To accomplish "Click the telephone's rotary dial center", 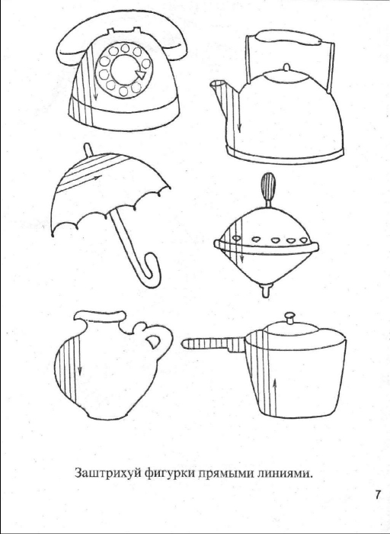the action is (x=124, y=69).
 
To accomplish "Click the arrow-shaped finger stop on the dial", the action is (x=141, y=73).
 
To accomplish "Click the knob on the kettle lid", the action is (x=286, y=67).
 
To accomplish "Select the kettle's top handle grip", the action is (x=288, y=37).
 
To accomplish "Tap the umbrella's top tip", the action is (x=88, y=150).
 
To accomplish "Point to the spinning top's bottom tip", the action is (x=266, y=291).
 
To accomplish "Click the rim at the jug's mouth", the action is (x=100, y=316).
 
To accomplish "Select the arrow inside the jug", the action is (x=79, y=355).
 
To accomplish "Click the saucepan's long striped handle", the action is (x=213, y=344).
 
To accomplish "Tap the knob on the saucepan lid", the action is (x=289, y=318).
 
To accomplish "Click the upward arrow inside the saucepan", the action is (x=275, y=397).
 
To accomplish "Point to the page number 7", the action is (x=378, y=494).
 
